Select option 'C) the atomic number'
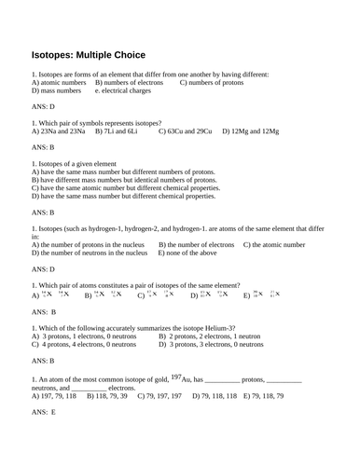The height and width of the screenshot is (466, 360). tap(273, 244)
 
